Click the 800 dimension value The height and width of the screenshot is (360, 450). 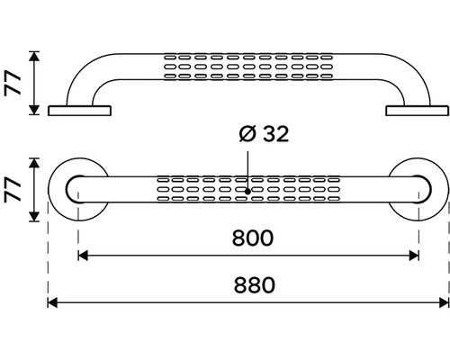coord(253,238)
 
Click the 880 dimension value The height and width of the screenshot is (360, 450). coord(255,285)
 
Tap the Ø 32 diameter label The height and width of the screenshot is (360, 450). coord(264,134)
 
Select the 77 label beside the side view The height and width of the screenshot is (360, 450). coord(13,84)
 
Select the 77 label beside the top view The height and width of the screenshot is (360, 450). coord(13,190)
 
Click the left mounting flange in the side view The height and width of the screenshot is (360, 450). coord(79,111)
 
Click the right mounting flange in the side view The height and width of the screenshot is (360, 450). coord(418,111)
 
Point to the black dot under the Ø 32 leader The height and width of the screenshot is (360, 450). coord(247,191)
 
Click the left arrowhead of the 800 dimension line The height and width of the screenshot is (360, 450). coord(83,256)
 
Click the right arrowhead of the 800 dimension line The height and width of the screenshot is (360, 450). coord(414,256)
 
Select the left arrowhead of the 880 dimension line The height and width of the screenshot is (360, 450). coord(52,302)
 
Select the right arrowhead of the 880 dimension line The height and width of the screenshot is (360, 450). coord(445,302)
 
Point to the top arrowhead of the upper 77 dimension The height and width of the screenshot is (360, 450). coord(35,57)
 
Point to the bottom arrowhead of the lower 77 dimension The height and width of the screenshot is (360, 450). coord(35,217)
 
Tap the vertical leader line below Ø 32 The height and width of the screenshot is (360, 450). coord(247,170)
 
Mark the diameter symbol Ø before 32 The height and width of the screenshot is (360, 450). coord(247,134)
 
